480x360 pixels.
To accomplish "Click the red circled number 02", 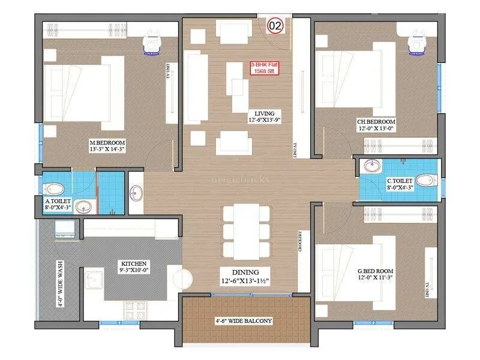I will coord(275,26).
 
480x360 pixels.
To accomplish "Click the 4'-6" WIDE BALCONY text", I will coord(244,321).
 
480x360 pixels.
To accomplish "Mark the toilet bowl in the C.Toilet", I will coord(427,179).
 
